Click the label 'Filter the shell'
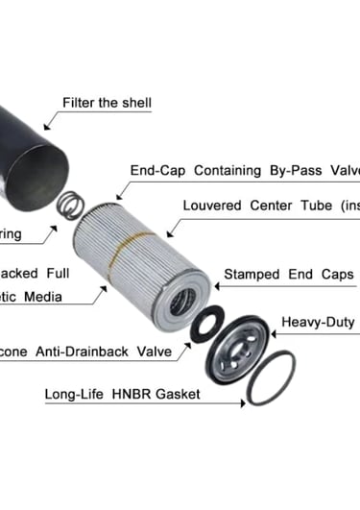(x=107, y=103)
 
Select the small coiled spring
(x=70, y=204)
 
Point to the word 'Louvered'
(x=213, y=206)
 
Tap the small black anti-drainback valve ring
(x=207, y=324)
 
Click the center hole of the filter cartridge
(x=182, y=299)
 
